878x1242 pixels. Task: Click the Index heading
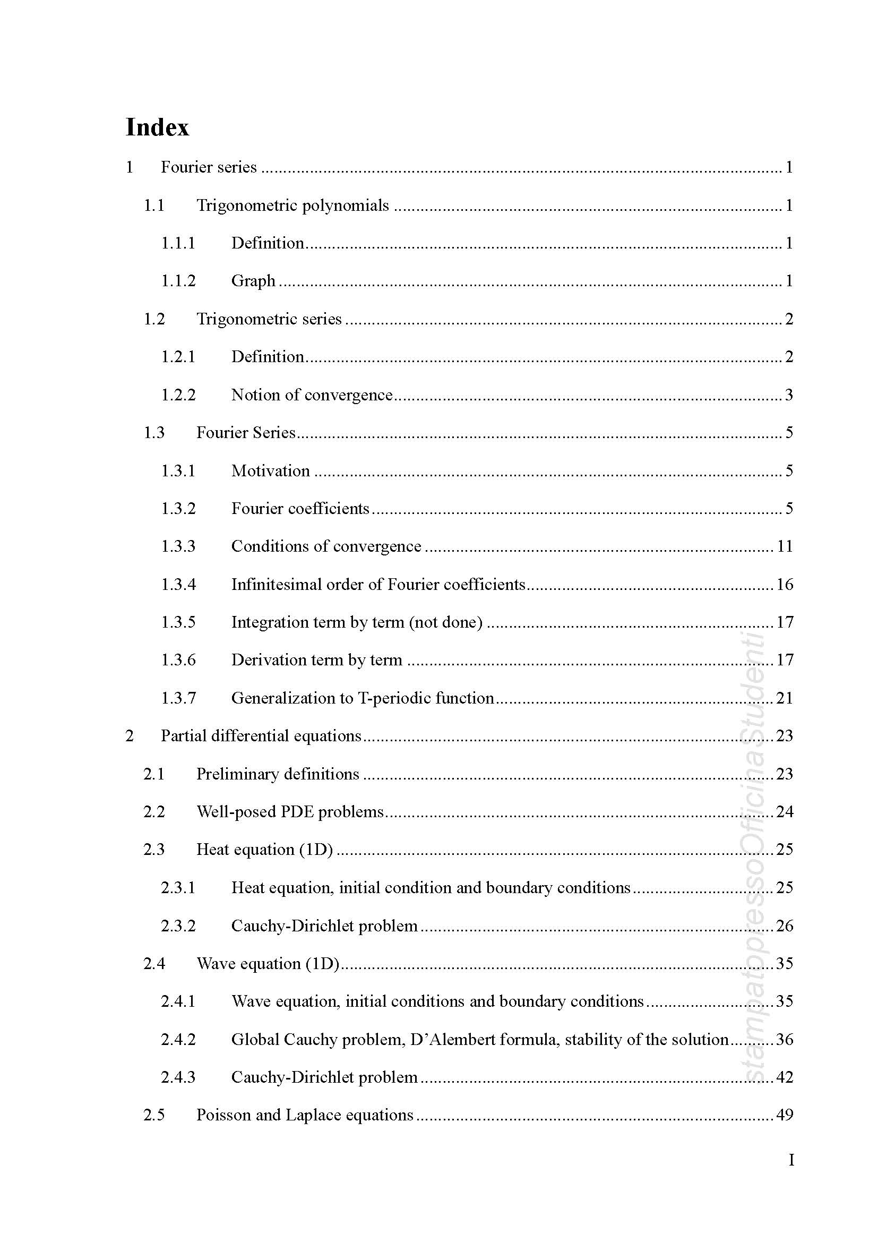157,127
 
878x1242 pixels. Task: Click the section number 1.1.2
178,281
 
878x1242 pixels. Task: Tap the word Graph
253,281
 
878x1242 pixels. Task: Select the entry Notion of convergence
312,395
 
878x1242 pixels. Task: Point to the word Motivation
270,470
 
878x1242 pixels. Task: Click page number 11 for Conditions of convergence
785,546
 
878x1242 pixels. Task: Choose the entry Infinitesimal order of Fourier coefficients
378,584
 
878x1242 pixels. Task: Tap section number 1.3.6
178,660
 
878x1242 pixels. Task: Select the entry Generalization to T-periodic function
362,698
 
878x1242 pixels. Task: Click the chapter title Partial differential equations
261,735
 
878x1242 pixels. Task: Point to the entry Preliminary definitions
277,774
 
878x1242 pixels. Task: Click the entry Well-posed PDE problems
290,812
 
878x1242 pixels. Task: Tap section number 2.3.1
178,888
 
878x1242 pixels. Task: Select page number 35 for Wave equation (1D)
785,963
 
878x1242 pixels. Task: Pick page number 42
785,1077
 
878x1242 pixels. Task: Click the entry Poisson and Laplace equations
304,1115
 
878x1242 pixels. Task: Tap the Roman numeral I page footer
791,1160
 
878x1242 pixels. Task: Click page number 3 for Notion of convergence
789,395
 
